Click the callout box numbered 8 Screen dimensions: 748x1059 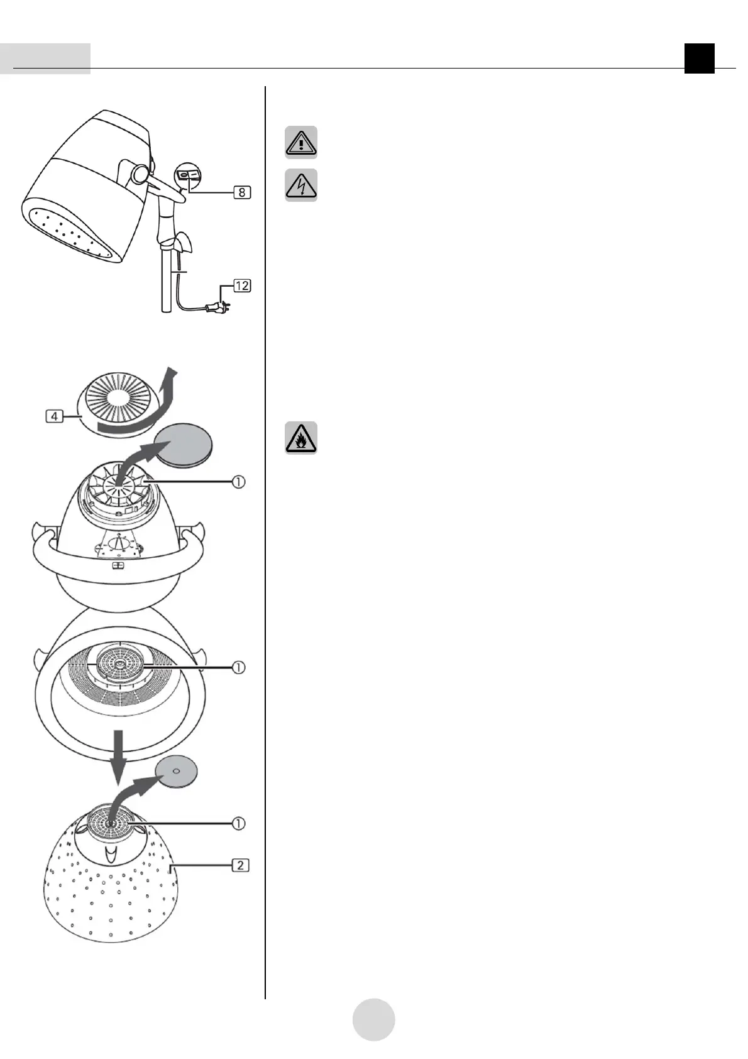coord(241,193)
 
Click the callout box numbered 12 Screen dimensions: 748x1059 coord(242,286)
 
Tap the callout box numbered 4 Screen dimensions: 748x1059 coord(55,416)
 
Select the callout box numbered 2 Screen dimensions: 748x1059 coord(240,865)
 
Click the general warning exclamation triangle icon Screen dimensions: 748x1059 coord(301,142)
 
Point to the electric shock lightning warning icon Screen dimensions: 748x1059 coord(301,185)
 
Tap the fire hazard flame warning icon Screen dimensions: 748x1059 coord(301,438)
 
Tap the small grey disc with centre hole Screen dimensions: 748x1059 coord(177,771)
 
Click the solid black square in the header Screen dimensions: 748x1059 coord(700,58)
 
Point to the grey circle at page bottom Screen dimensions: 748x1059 coord(373,1019)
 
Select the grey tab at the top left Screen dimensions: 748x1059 coord(45,58)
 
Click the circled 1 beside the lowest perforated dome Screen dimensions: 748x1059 coord(238,823)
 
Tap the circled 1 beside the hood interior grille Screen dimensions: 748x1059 coord(238,667)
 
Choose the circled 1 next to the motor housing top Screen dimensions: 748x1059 coord(238,482)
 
